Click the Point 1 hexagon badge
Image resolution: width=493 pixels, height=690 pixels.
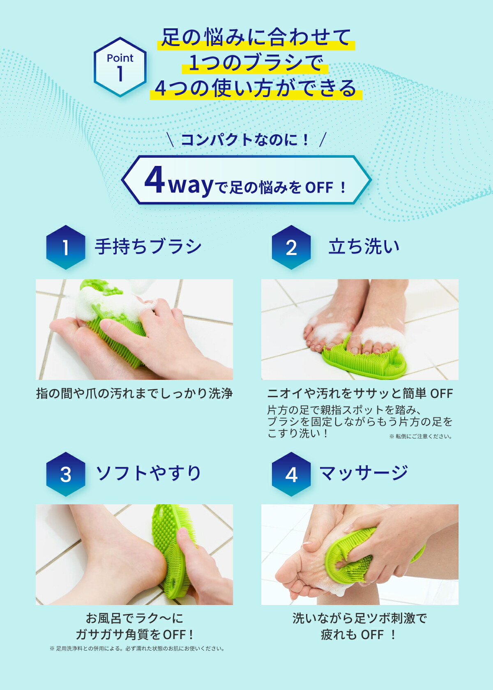pyautogui.click(x=120, y=67)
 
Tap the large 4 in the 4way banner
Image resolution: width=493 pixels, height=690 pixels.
pyautogui.click(x=154, y=180)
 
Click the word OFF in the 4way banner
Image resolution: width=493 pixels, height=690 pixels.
pyautogui.click(x=319, y=188)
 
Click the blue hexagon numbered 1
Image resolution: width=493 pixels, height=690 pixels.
pyautogui.click(x=66, y=247)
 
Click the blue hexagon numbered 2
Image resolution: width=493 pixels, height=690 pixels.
pyautogui.click(x=291, y=247)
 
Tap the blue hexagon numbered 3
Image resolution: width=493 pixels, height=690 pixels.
pyautogui.click(x=66, y=474)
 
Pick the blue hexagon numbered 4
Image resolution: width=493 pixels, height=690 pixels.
pyautogui.click(x=291, y=474)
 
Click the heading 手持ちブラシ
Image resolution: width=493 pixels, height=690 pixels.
pyautogui.click(x=148, y=246)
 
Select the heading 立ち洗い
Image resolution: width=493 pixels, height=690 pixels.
pyautogui.click(x=364, y=246)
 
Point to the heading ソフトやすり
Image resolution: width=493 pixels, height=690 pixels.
pyautogui.click(x=148, y=473)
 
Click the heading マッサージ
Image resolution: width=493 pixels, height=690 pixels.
pyautogui.click(x=364, y=473)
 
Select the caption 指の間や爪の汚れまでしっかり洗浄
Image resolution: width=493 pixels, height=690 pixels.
pyautogui.click(x=134, y=393)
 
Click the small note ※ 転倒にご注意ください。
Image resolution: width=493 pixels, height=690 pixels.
pyautogui.click(x=421, y=436)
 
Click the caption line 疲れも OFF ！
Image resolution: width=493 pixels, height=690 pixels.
pyautogui.click(x=358, y=635)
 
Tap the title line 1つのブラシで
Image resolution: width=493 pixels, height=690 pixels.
pyautogui.click(x=256, y=63)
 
